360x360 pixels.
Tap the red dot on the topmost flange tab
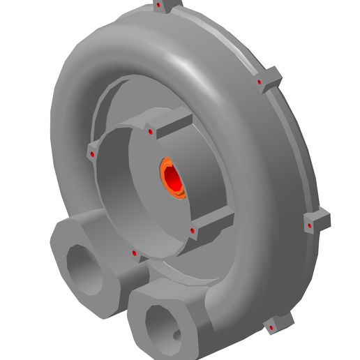(160, 6)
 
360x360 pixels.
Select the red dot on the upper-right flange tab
(260, 82)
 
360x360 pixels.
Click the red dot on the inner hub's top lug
(150, 132)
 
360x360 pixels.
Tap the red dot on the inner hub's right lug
(192, 230)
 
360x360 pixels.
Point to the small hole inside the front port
(176, 336)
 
